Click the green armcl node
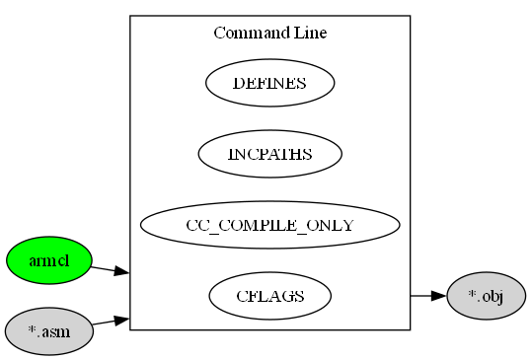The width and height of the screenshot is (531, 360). point(48,260)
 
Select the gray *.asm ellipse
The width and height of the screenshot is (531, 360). point(48,330)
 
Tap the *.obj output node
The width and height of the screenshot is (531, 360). point(486,296)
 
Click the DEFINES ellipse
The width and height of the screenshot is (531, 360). point(269,83)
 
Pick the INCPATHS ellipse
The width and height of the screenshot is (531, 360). point(269,154)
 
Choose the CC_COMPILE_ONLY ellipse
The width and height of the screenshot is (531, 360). point(269,225)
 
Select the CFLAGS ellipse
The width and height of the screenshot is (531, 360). point(269,296)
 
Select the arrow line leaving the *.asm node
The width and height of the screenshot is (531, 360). point(104,322)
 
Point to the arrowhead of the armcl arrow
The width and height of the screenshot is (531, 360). point(122,271)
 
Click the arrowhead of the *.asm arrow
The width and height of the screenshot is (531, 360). point(122,319)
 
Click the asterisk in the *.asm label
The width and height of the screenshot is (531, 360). point(32,329)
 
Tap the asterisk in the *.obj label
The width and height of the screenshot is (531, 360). point(472,294)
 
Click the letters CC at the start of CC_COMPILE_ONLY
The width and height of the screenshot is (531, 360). point(197,225)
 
